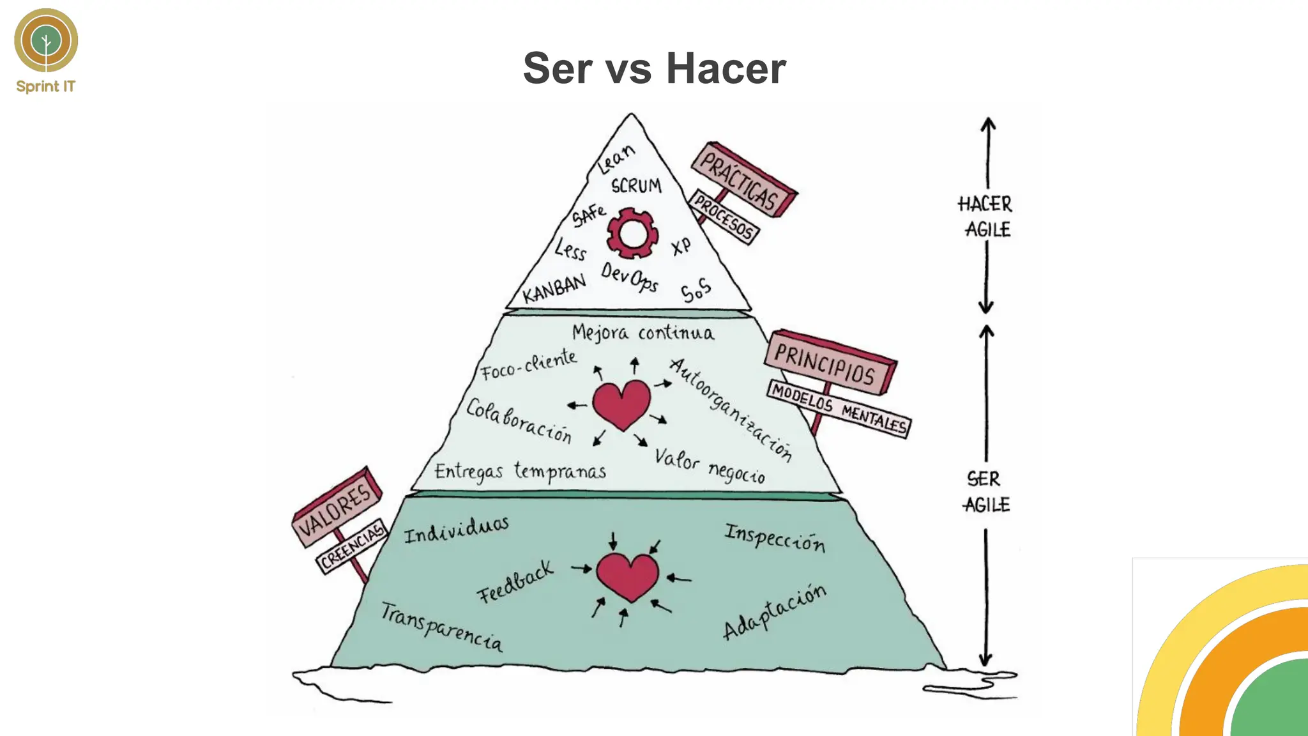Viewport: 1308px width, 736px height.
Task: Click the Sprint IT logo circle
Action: [x=46, y=40]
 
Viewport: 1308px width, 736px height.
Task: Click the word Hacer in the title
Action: [x=726, y=68]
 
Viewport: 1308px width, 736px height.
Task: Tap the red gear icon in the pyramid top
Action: [x=632, y=233]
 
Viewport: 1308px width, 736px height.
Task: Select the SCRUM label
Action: [x=636, y=186]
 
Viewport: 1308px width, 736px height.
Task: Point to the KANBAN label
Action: [x=554, y=289]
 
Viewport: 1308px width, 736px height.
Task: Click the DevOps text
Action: [x=629, y=277]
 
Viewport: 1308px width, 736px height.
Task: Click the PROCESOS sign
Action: [x=724, y=217]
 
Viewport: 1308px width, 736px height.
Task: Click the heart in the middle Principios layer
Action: [x=621, y=404]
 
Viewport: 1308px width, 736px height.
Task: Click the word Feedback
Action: [x=515, y=582]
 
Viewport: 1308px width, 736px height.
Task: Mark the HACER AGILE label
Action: [x=985, y=217]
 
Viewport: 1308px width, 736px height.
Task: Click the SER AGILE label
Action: [x=985, y=492]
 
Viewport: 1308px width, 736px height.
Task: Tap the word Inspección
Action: [x=774, y=537]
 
